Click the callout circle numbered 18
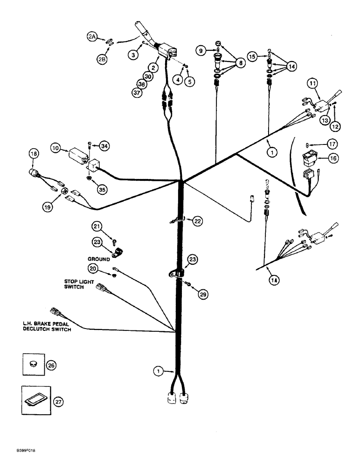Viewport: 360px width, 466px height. [x=33, y=153]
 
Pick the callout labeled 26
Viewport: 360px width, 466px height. [x=51, y=366]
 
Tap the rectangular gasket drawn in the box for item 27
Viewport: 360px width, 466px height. [x=34, y=400]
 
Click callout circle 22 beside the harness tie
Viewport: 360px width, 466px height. [x=198, y=221]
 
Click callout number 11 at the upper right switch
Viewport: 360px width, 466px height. [x=312, y=84]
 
